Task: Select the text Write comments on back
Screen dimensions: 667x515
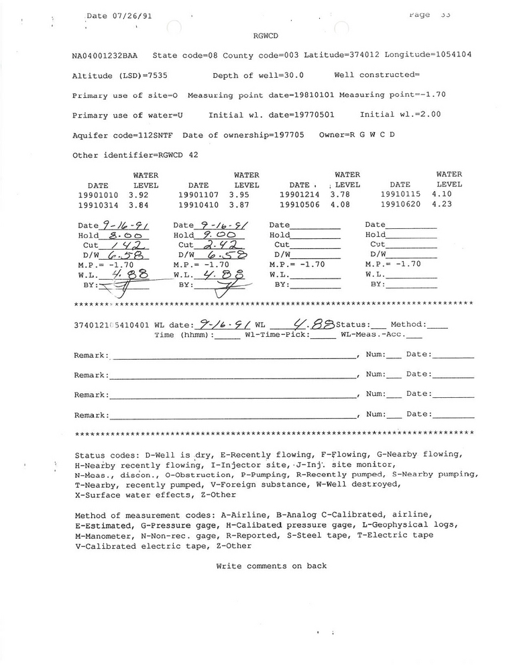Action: coord(272,566)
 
